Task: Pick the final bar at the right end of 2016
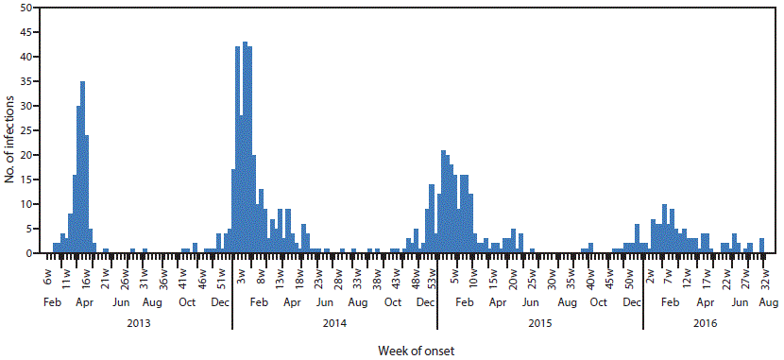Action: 761,246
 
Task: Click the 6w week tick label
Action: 47,280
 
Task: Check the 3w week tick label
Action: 241,280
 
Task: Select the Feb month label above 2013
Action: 53,301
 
